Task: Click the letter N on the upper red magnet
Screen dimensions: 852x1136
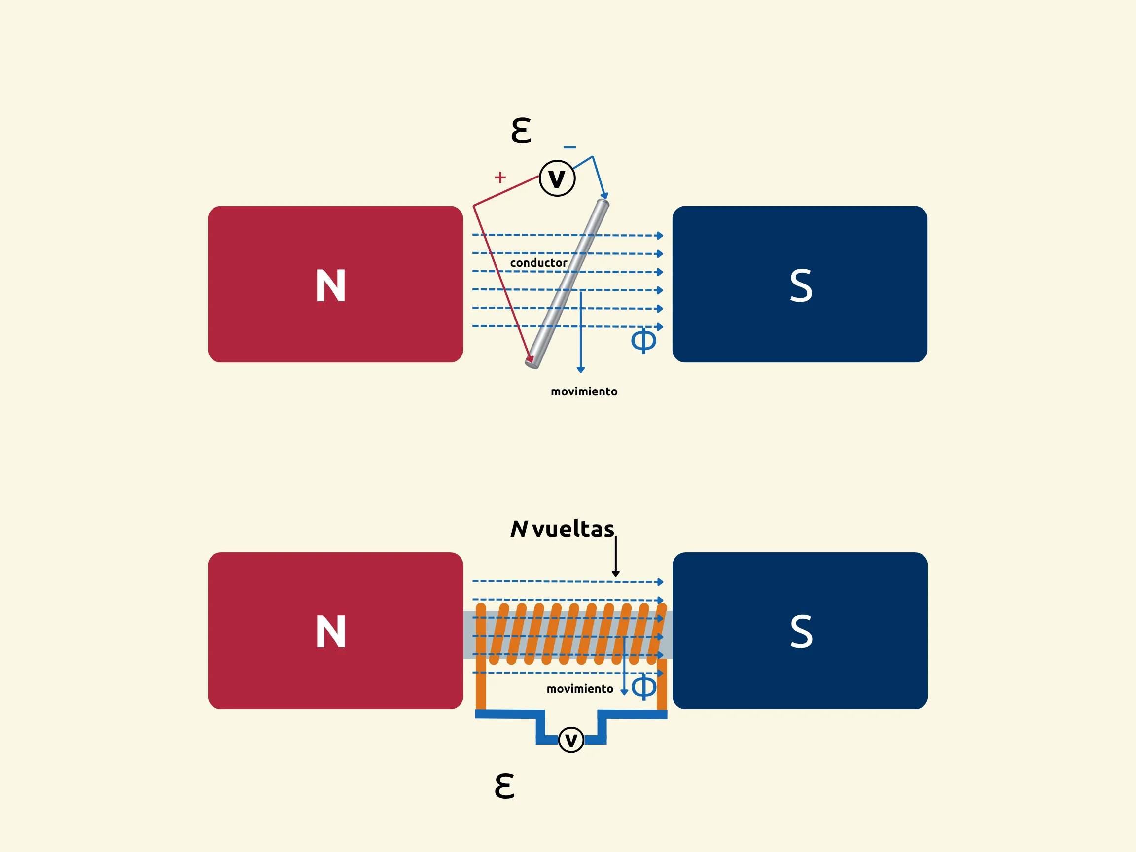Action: pos(330,285)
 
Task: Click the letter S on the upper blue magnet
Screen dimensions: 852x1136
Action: pos(801,285)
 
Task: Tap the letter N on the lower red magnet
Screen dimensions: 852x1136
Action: pos(330,632)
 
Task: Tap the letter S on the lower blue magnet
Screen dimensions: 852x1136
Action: pos(801,632)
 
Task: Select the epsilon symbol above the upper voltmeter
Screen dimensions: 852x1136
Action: pos(521,131)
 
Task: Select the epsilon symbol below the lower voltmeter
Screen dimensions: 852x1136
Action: pos(504,786)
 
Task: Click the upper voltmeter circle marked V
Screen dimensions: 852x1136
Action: pos(557,178)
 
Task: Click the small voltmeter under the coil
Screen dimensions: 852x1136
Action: pos(570,740)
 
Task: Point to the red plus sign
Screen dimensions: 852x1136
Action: pos(499,177)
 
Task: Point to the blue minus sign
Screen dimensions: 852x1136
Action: pos(569,147)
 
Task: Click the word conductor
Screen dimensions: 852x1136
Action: pos(538,262)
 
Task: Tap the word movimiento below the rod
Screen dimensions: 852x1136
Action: pos(584,391)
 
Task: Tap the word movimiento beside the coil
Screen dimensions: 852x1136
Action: pos(579,689)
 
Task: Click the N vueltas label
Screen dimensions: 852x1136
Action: pos(562,529)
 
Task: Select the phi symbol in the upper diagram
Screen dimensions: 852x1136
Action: pos(643,340)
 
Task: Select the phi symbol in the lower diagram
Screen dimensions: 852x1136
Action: pos(643,687)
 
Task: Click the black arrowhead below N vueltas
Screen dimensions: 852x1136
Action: pos(615,573)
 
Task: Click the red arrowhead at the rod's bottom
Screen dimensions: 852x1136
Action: pos(530,359)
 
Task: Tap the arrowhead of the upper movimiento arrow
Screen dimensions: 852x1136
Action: pos(581,370)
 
